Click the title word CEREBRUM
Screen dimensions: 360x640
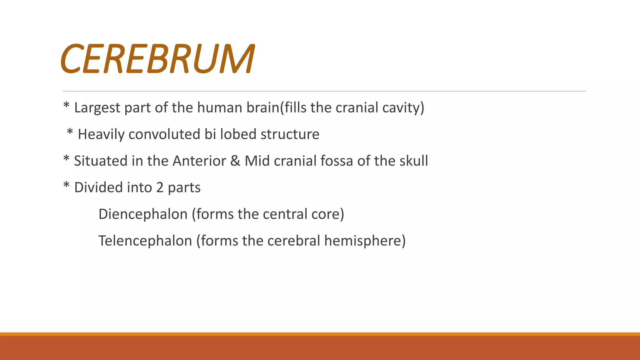pyautogui.click(x=158, y=58)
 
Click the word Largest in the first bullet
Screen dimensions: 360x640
pyautogui.click(x=97, y=108)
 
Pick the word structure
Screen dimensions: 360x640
pyautogui.click(x=290, y=134)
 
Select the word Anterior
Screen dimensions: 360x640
pyautogui.click(x=199, y=161)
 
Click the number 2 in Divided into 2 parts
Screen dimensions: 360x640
pyautogui.click(x=160, y=187)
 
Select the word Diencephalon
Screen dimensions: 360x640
pyautogui.click(x=143, y=214)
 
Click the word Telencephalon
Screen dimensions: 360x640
pyautogui.click(x=145, y=241)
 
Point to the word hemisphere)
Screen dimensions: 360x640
pyautogui.click(x=365, y=241)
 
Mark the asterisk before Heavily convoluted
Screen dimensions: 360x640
pyautogui.click(x=70, y=132)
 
